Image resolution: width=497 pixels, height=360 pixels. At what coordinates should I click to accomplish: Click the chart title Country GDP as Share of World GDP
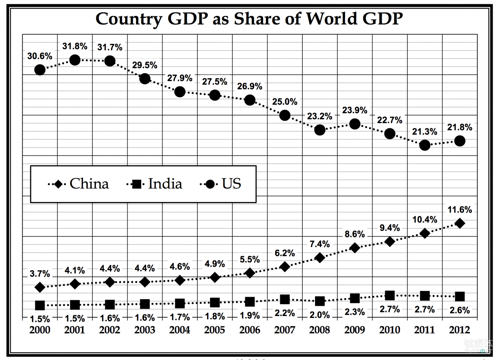249,19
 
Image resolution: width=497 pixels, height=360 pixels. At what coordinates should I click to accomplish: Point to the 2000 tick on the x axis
40,330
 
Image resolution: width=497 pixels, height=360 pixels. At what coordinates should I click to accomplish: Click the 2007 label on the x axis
285,330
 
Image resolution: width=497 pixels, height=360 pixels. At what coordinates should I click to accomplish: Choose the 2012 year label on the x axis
459,330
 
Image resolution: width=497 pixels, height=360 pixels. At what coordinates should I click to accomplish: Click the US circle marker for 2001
75,60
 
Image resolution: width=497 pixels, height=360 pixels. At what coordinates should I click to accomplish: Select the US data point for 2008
320,130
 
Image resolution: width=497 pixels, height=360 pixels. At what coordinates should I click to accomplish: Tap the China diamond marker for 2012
460,223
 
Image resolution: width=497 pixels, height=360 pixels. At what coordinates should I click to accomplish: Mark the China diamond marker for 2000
40,287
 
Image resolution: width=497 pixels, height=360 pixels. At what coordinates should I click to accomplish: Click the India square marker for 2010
390,295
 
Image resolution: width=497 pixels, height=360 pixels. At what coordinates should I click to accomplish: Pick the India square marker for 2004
180,303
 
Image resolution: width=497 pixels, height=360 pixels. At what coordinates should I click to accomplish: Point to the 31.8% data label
75,46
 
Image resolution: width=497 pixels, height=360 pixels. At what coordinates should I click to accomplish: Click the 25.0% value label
285,102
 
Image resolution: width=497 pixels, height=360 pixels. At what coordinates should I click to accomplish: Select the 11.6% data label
460,210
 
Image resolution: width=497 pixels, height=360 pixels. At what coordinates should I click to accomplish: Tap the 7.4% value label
320,244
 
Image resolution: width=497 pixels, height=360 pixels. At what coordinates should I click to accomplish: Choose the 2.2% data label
285,313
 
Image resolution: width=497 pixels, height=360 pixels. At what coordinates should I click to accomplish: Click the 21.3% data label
425,132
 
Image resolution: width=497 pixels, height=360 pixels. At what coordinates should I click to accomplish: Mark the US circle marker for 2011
425,145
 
